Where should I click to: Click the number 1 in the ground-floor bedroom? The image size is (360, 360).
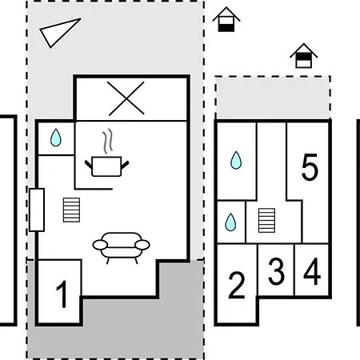click(62, 294)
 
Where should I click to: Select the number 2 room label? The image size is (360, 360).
click(237, 285)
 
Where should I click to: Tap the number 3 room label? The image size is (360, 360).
click(276, 272)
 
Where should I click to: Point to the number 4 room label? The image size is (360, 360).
click(312, 271)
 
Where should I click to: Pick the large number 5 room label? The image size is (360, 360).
click(310, 167)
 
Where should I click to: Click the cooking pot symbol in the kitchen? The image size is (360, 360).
click(106, 166)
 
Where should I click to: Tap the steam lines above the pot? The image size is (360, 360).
click(108, 142)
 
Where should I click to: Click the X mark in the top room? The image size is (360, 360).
click(126, 98)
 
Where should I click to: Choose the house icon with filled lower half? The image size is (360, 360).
click(226, 19)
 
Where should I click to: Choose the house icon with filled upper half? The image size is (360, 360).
click(303, 55)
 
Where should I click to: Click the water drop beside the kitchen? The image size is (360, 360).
click(56, 138)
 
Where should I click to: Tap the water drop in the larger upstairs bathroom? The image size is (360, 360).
click(236, 160)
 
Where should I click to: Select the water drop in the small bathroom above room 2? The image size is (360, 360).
click(230, 222)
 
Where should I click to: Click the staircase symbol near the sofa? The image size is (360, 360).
click(71, 210)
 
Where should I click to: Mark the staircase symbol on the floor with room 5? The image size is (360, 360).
click(266, 221)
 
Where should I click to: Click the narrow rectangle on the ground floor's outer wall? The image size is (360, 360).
click(37, 210)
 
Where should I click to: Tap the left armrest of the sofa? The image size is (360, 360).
click(100, 245)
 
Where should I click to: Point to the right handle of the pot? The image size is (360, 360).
click(125, 165)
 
